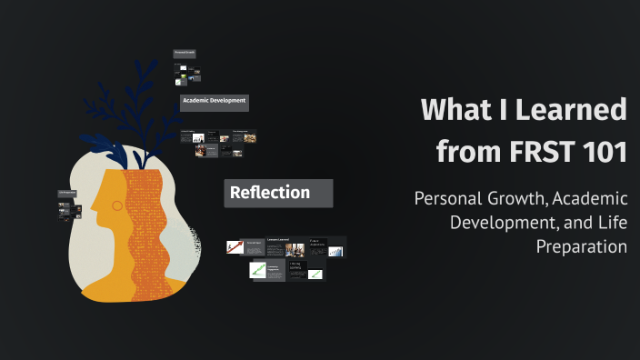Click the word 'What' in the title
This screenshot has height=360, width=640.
pyautogui.click(x=455, y=110)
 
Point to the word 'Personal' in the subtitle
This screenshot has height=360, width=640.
pyautogui.click(x=448, y=199)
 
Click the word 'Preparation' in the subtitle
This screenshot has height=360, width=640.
pyautogui.click(x=582, y=245)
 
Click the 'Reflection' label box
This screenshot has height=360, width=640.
pyautogui.click(x=278, y=193)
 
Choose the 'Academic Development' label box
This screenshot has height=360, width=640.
pyautogui.click(x=215, y=101)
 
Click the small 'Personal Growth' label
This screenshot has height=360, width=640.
pyautogui.click(x=185, y=54)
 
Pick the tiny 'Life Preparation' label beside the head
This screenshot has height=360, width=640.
pyautogui.click(x=67, y=193)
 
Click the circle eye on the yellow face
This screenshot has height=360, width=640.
pyautogui.click(x=115, y=206)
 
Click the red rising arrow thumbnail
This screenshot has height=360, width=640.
pyautogui.click(x=235, y=246)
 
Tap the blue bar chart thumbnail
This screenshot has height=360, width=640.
pyautogui.click(x=336, y=251)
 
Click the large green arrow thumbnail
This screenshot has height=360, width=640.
pyautogui.click(x=259, y=270)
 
